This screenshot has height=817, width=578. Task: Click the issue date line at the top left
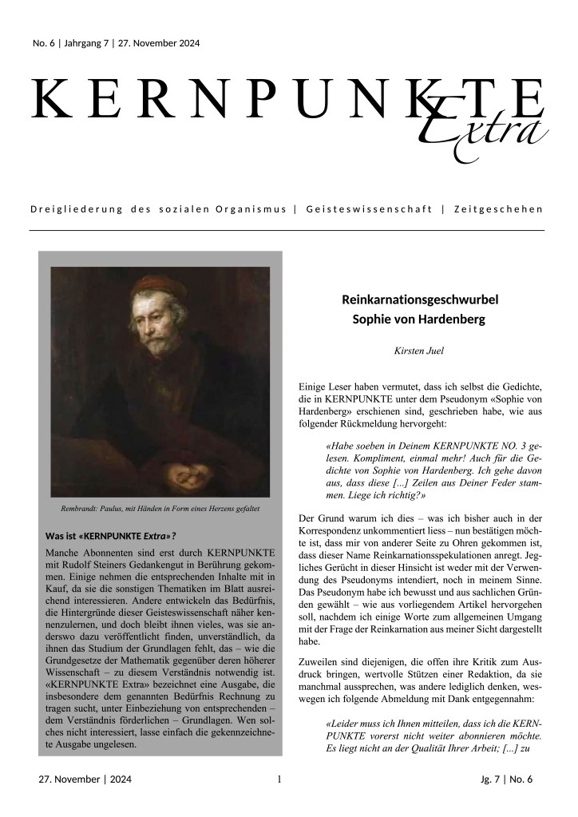[x=116, y=43]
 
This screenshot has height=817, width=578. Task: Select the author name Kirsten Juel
[x=419, y=350]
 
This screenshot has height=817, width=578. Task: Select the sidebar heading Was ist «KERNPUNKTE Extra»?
[x=110, y=535]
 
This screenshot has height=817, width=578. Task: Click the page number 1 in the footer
[x=279, y=779]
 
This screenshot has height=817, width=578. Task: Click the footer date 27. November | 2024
[x=85, y=779]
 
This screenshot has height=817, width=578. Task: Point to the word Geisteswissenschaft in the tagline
[x=367, y=209]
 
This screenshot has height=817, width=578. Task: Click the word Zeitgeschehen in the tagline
[x=497, y=209]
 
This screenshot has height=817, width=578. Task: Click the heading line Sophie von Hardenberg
[x=419, y=320]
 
